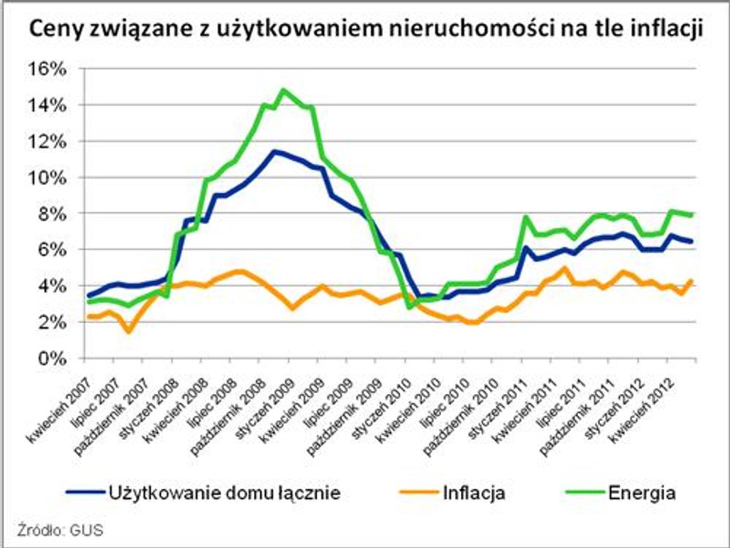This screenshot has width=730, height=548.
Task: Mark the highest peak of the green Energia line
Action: (x=284, y=90)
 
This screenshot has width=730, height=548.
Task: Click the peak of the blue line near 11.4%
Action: (x=275, y=151)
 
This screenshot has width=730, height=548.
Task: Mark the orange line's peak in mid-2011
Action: (x=564, y=268)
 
